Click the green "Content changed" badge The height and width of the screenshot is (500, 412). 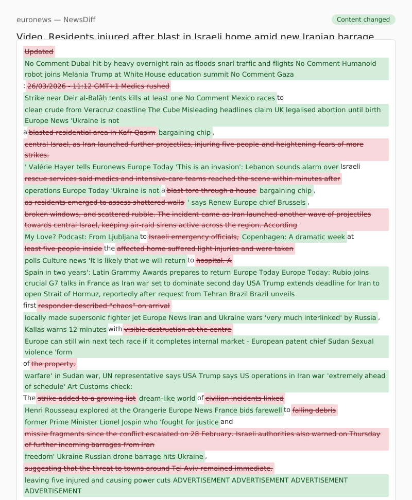363,20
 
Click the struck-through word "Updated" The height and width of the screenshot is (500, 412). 39,51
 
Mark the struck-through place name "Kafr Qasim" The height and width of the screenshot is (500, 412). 136,132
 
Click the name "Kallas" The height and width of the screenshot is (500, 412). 35,329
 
